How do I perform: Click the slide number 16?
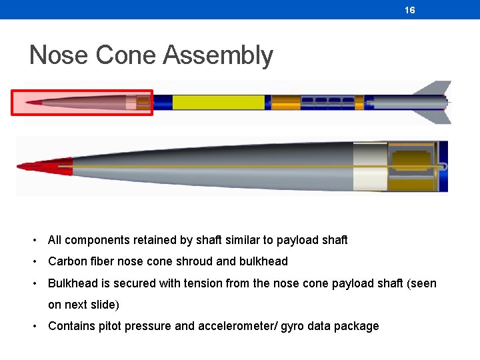click(x=409, y=10)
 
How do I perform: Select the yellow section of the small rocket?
click(x=218, y=102)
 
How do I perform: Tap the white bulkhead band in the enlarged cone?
click(x=369, y=166)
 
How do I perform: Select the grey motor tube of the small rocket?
click(x=407, y=102)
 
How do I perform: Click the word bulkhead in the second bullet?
click(x=263, y=261)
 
